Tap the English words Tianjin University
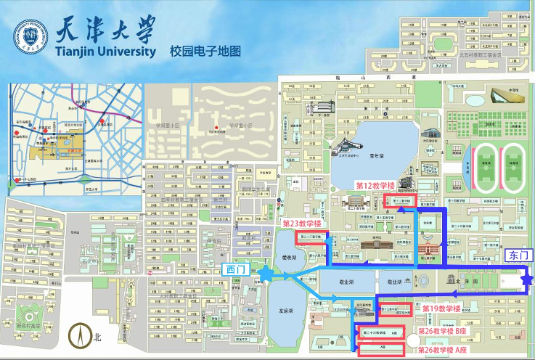click(x=105, y=52)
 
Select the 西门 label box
click(x=236, y=270)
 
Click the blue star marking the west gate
click(x=264, y=273)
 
